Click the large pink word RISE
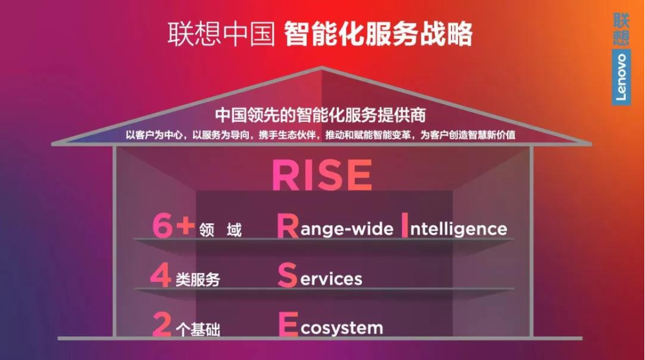click(x=322, y=175)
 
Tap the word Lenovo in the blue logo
click(x=621, y=77)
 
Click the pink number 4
click(x=161, y=275)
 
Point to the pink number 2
click(x=161, y=325)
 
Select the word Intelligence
click(x=454, y=226)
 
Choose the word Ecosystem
click(x=331, y=325)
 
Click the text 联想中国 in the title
click(x=221, y=34)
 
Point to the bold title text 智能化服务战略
click(x=378, y=34)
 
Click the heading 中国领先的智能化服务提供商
click(x=321, y=115)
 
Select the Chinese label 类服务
click(x=198, y=279)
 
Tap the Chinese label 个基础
click(x=198, y=329)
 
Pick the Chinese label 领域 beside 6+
click(x=221, y=230)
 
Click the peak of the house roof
click(x=322, y=66)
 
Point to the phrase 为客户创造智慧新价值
click(x=468, y=135)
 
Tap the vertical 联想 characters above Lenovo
click(x=621, y=28)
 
